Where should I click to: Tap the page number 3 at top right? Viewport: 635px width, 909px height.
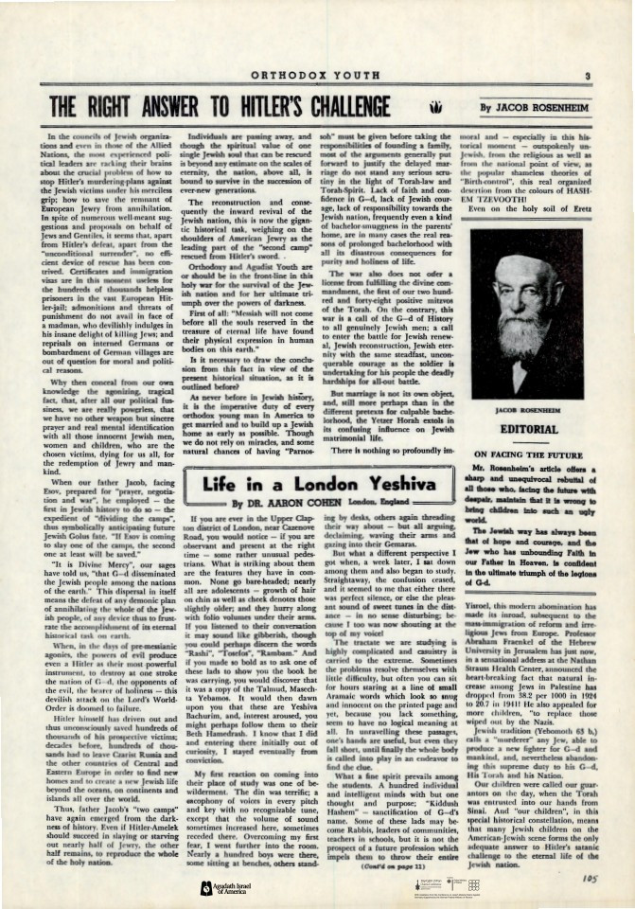coord(588,78)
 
